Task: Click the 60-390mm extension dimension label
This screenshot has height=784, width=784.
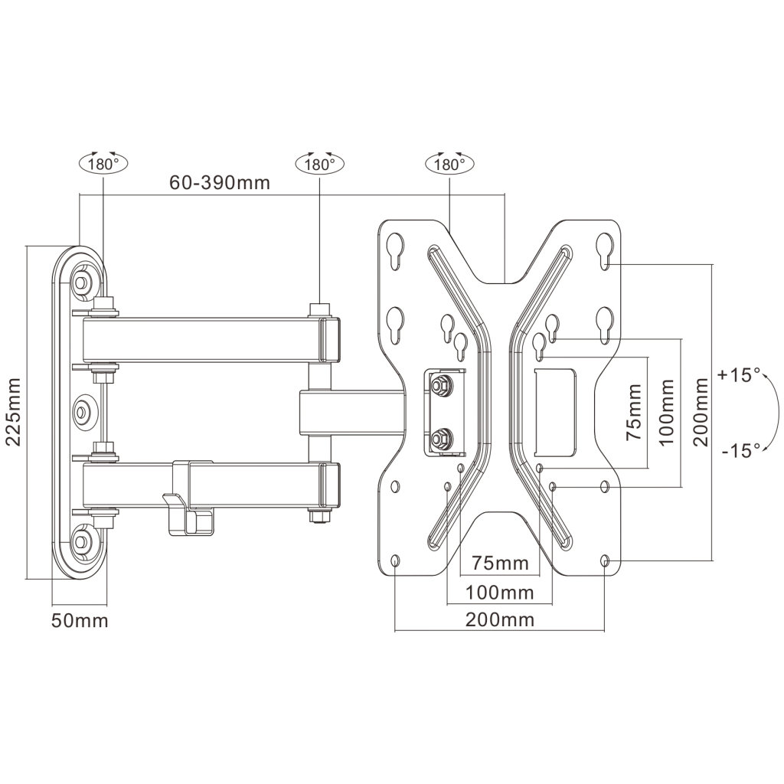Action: tap(219, 183)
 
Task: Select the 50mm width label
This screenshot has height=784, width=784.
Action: tap(80, 620)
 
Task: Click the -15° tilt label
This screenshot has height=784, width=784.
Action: tap(740, 449)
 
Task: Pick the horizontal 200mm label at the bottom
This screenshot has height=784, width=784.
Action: tap(499, 619)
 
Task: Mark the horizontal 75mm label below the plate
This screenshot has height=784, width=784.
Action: tap(499, 563)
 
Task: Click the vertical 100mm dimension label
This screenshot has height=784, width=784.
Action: tap(666, 413)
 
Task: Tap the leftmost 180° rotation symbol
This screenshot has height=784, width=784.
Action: tap(103, 163)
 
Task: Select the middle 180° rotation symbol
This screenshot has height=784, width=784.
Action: tap(319, 164)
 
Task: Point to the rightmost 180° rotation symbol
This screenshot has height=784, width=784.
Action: tap(449, 164)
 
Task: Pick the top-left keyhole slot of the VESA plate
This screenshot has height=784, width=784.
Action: tap(395, 250)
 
